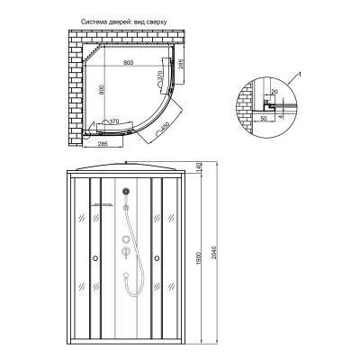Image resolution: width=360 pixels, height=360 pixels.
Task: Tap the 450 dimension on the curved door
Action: [x=166, y=127]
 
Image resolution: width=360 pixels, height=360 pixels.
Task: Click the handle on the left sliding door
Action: [x=94, y=261]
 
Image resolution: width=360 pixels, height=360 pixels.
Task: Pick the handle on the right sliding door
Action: [x=158, y=261]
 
